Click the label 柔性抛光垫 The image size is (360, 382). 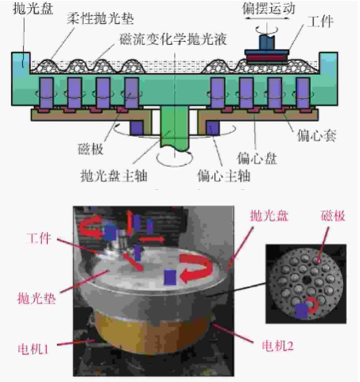click(x=100, y=19)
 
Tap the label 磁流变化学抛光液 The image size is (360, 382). click(x=173, y=39)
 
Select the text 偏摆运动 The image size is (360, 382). click(x=268, y=8)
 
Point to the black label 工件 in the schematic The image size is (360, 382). click(x=320, y=22)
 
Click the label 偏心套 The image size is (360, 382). click(x=316, y=136)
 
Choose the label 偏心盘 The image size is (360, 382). click(x=257, y=159)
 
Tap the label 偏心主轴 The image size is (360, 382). click(x=224, y=175)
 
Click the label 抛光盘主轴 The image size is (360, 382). click(x=114, y=175)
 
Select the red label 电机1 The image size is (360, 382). click(x=33, y=349)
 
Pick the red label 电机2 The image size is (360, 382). click(x=277, y=346)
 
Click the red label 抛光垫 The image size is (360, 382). click(x=37, y=299)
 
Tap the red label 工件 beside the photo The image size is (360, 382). click(x=39, y=239)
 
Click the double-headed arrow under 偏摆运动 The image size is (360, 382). click(x=267, y=18)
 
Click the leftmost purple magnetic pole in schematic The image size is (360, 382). click(x=47, y=93)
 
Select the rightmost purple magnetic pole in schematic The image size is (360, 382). click(x=303, y=93)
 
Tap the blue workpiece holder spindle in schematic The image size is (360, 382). click(x=267, y=42)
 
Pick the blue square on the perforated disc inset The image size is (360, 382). click(x=302, y=311)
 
